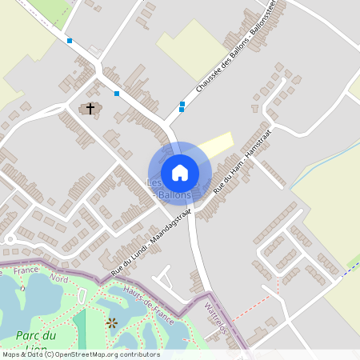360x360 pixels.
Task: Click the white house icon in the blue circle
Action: click(180, 172)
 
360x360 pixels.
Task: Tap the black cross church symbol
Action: click(90, 107)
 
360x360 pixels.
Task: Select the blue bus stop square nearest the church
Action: click(117, 94)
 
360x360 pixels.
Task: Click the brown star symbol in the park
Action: click(112, 322)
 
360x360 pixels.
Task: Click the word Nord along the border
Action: click(58, 278)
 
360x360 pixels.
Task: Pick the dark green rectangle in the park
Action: click(79, 328)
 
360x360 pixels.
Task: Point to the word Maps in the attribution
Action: click(12, 354)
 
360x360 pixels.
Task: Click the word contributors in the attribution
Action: click(142, 354)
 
